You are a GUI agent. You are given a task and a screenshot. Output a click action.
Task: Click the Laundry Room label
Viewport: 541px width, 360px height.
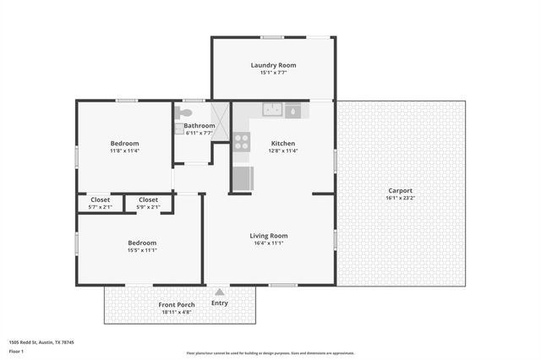pyautogui.click(x=273, y=65)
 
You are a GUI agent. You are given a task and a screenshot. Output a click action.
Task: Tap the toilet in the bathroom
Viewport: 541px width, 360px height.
pyautogui.click(x=185, y=112)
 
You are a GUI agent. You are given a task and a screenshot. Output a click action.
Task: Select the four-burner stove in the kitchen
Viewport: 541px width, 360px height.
pyautogui.click(x=242, y=141)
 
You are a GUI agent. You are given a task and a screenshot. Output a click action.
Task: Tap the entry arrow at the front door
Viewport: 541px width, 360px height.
pyautogui.click(x=220, y=292)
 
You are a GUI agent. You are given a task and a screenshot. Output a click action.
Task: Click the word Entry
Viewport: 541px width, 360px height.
pyautogui.click(x=220, y=303)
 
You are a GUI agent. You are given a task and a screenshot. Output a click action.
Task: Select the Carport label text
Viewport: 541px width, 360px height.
pyautogui.click(x=401, y=190)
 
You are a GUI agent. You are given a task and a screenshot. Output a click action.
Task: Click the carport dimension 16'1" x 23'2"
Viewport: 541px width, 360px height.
pyautogui.click(x=401, y=198)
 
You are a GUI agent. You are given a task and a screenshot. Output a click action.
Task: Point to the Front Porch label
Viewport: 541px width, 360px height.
pyautogui.click(x=177, y=304)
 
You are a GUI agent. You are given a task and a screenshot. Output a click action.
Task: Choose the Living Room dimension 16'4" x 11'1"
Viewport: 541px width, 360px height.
pyautogui.click(x=269, y=243)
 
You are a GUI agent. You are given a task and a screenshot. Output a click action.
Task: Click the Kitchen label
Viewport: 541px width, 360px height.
pyautogui.click(x=283, y=143)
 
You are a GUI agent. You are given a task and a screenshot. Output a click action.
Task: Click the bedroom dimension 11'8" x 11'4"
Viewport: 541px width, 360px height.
pyautogui.click(x=124, y=151)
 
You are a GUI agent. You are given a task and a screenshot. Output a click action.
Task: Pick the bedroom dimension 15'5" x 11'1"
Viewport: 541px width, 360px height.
pyautogui.click(x=142, y=250)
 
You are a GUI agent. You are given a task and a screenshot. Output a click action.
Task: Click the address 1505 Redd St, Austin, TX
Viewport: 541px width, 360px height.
pyautogui.click(x=41, y=342)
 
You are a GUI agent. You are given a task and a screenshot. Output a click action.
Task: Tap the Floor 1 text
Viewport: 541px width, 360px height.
pyautogui.click(x=16, y=351)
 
